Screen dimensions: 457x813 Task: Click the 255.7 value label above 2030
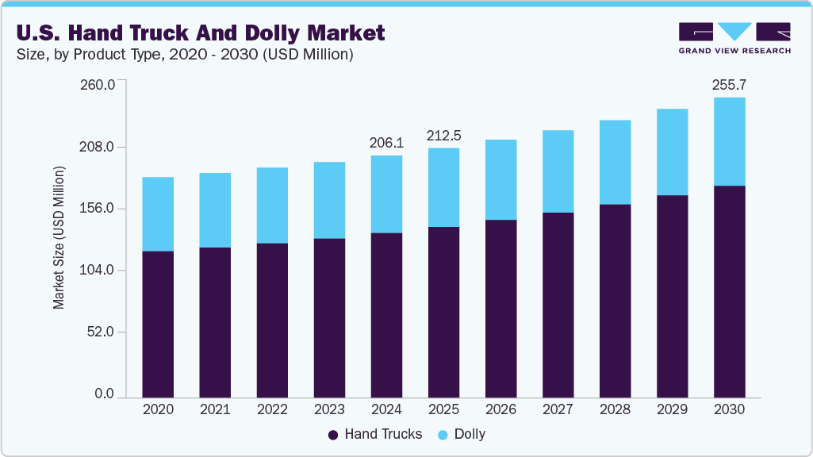click(x=729, y=84)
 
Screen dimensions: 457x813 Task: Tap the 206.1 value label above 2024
click(x=386, y=143)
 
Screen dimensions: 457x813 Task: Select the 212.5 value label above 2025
click(x=443, y=136)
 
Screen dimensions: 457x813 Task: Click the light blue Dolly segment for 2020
click(x=158, y=214)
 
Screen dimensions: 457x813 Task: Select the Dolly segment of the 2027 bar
click(x=558, y=171)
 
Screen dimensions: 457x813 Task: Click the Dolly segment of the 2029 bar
click(x=672, y=152)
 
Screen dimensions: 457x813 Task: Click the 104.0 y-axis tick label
click(x=99, y=271)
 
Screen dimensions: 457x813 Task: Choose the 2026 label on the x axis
click(x=500, y=409)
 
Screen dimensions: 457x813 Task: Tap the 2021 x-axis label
click(x=215, y=409)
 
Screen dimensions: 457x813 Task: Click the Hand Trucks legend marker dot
click(x=333, y=435)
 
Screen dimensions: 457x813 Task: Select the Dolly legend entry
click(x=470, y=435)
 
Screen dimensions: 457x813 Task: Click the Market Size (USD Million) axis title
click(x=59, y=238)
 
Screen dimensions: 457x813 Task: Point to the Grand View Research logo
click(x=734, y=38)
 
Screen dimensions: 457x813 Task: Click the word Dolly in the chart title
click(x=279, y=33)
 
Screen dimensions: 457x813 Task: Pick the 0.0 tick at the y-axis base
click(x=105, y=394)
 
